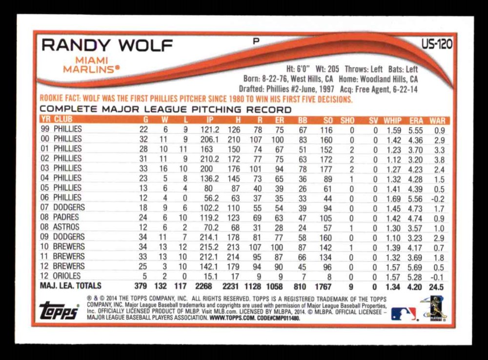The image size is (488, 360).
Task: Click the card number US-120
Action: (437, 45)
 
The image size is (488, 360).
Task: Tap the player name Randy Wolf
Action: (107, 46)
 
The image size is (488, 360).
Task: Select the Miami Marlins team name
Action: (91, 65)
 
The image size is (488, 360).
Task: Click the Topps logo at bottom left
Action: (59, 311)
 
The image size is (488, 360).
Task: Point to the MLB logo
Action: (404, 314)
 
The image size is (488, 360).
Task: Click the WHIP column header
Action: (392, 120)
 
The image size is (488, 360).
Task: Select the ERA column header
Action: (416, 120)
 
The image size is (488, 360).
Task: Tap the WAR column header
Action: (438, 120)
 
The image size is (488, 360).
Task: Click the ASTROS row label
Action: (66, 227)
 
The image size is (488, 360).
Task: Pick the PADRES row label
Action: (67, 217)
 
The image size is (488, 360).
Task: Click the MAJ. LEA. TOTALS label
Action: (71, 286)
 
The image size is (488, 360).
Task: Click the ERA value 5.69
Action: (416, 266)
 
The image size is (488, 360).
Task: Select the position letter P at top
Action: (255, 42)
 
